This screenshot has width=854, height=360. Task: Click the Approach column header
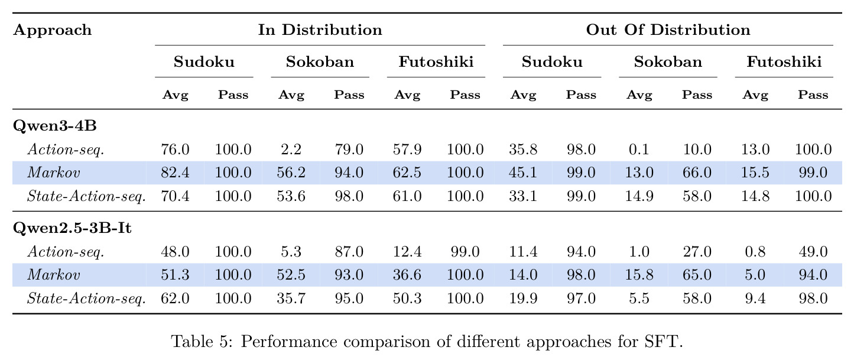coord(52,30)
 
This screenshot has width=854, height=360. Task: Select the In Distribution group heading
coord(320,30)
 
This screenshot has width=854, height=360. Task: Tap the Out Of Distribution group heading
coord(668,30)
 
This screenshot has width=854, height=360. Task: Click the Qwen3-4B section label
coord(55,125)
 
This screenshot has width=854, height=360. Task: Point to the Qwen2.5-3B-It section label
coord(72,228)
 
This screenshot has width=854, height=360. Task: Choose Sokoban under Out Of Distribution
coord(668,62)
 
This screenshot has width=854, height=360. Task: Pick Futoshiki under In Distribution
coord(436,62)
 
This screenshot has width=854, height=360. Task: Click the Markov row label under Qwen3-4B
coord(54,173)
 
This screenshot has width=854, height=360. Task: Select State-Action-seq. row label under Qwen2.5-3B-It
coord(86,299)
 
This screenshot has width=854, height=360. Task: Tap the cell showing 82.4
coord(175,173)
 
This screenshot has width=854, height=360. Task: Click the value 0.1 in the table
coord(639,150)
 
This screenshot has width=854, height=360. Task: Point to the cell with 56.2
coord(291,173)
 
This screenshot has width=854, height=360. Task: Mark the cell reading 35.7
coord(291,298)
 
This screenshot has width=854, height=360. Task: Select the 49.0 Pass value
coord(813,252)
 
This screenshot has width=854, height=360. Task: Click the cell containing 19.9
coord(523,298)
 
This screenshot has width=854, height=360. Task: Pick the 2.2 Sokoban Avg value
coord(291,150)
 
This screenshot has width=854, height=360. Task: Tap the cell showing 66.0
coord(697,173)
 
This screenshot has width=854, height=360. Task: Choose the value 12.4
coord(407,252)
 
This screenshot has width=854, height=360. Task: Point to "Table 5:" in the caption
coord(202,341)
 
